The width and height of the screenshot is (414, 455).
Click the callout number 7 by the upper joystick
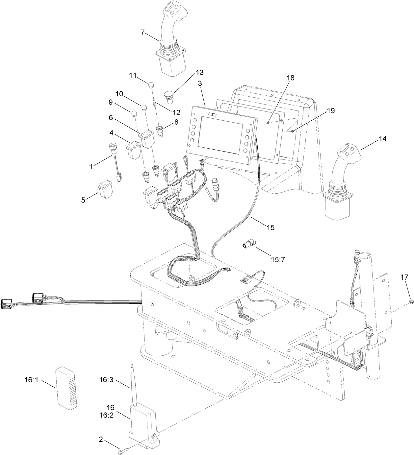tap(142, 32)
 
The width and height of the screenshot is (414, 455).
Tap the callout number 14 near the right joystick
tap(382, 139)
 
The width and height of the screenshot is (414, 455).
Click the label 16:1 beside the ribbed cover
tap(32, 380)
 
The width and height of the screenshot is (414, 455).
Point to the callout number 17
tap(404, 277)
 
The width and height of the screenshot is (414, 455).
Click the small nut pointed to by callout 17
tap(411, 301)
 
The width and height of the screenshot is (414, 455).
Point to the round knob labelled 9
tap(134, 114)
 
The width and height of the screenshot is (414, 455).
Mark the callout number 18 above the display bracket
tap(290, 78)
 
